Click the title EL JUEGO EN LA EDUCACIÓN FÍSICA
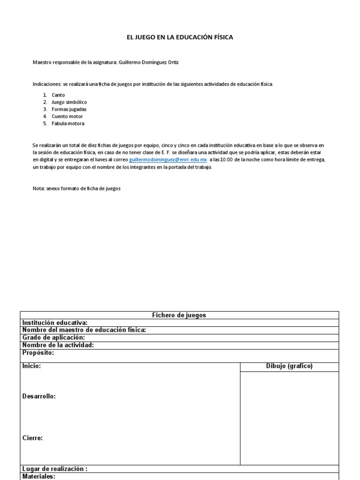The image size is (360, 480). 180,37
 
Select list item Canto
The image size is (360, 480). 59,95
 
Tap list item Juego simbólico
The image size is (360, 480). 69,102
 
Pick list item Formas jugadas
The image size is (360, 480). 69,109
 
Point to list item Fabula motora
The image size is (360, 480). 68,124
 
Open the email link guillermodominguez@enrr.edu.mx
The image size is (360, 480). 168,160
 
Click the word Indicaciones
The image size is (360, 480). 47,84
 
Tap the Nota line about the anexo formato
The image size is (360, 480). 76,188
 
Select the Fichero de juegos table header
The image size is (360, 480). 179,315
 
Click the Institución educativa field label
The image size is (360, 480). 55,322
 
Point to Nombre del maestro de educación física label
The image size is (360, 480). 84,330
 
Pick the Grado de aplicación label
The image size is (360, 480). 53,337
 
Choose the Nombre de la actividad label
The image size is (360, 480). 58,345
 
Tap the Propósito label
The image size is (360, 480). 38,352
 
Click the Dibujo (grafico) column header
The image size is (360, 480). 289,367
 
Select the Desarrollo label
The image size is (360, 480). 39,397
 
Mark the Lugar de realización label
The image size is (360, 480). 55,469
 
